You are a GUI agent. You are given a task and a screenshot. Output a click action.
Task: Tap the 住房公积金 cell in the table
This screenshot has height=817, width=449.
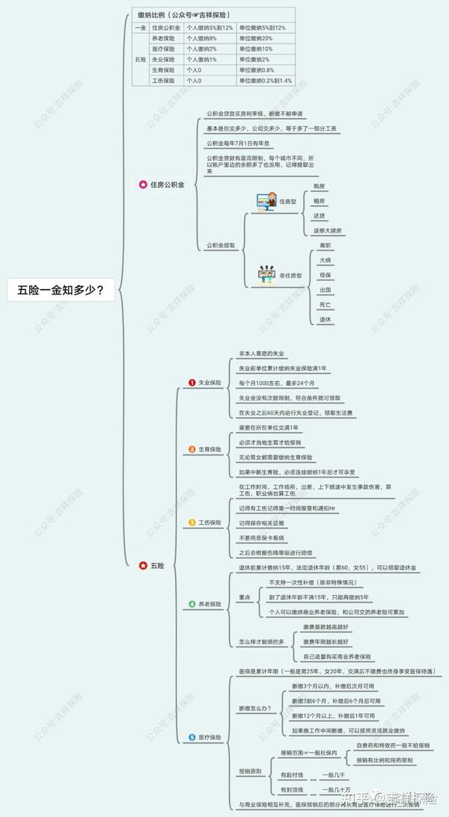165,28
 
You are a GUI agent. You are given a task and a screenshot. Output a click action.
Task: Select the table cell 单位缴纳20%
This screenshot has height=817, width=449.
256,38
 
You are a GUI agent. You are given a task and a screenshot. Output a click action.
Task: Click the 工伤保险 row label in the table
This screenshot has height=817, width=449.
164,80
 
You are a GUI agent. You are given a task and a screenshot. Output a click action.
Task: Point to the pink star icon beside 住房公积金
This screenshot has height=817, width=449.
143,184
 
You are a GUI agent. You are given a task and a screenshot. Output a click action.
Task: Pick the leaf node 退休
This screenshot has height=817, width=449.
325,319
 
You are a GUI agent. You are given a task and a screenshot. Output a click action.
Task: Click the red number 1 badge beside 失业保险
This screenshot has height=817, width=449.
192,383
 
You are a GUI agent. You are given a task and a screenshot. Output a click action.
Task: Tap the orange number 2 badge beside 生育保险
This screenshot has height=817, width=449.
192,449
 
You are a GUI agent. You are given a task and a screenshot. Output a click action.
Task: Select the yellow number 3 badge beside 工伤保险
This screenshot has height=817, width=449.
192,522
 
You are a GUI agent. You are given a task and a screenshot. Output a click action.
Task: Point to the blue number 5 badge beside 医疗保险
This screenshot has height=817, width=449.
192,737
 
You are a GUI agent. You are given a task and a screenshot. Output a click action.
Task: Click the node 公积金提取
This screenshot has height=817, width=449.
221,244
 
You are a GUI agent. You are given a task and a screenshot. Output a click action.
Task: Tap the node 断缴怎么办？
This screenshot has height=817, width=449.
256,707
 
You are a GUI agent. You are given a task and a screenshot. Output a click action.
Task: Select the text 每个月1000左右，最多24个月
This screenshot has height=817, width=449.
279,383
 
